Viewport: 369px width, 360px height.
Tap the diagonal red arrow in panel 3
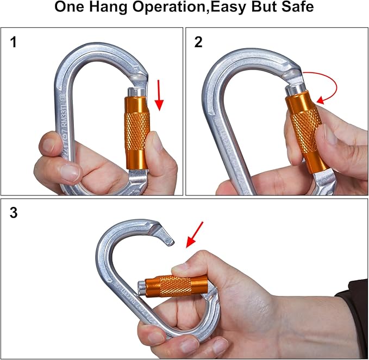point(194,233)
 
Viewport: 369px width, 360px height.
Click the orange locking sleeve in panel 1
point(136,132)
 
